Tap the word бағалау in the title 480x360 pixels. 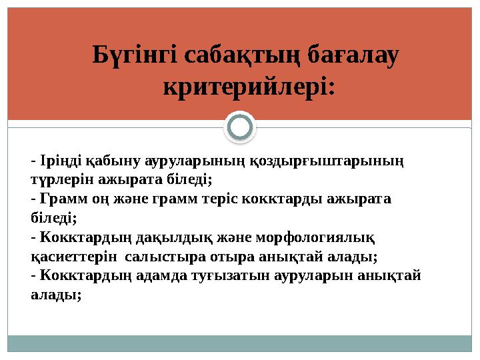click(x=355, y=56)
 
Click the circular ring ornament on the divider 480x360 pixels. click(x=240, y=127)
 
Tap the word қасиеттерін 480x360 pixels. click(x=66, y=257)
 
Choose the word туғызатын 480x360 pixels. click(x=221, y=276)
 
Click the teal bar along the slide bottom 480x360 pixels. click(x=240, y=343)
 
